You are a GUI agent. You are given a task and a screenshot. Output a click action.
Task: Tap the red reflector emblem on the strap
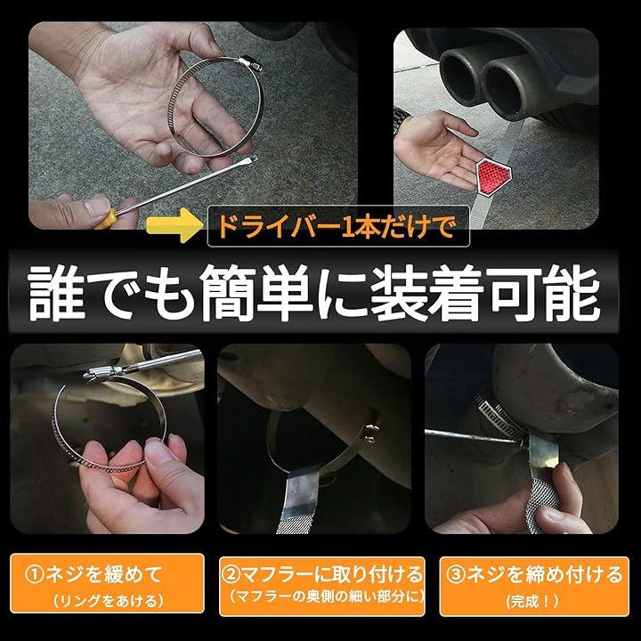(493, 175)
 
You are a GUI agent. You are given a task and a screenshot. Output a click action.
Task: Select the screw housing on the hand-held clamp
(250, 63)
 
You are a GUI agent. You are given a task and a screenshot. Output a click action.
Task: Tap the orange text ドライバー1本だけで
(337, 226)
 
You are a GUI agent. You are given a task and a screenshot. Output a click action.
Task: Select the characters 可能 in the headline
(546, 293)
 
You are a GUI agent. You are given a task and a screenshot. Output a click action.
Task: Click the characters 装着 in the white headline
(427, 293)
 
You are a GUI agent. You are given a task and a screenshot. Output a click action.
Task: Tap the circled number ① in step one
(35, 574)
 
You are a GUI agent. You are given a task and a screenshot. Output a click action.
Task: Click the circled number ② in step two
(231, 574)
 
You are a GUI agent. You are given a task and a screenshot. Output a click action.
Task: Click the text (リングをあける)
(108, 601)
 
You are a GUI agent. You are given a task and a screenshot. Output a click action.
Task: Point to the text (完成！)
(533, 601)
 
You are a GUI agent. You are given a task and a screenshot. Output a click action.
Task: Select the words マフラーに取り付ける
(331, 574)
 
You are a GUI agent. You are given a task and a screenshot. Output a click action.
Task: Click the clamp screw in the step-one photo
(103, 371)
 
